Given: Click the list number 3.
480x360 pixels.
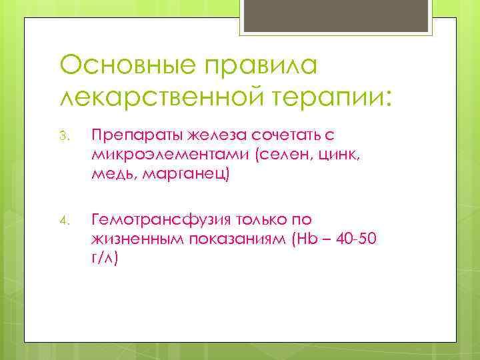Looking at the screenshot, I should [64, 137].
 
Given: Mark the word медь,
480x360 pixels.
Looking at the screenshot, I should [114, 174].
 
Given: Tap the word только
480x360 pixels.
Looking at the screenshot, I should [254, 219].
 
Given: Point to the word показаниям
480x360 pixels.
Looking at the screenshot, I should [236, 239].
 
